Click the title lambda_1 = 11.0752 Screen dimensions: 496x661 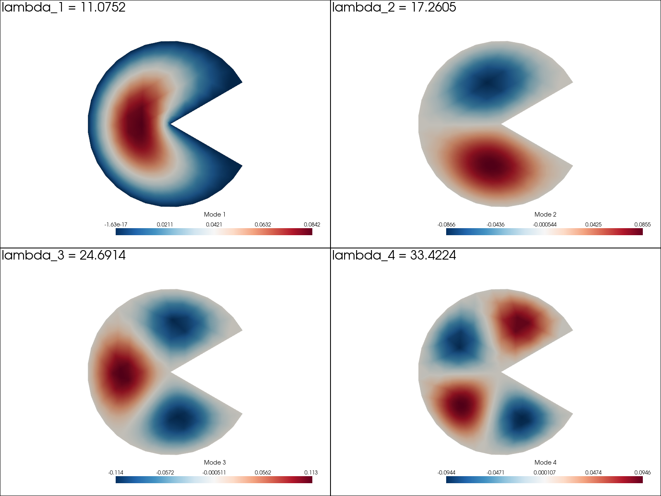pos(64,7)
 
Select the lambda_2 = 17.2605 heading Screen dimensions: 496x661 pos(394,7)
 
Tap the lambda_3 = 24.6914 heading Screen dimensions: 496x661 pos(64,255)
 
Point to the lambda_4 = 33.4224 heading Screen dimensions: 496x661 pos(394,255)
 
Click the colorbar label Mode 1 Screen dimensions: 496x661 pos(215,215)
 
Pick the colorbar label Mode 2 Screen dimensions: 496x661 pos(545,215)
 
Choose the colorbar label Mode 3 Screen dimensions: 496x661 pos(215,463)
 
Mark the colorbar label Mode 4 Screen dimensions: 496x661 pos(545,463)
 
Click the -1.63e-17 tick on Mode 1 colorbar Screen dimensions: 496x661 pos(116,225)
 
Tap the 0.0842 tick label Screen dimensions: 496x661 pos(312,225)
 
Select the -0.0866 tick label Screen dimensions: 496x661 pos(446,225)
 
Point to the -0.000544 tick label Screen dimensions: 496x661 pos(544,225)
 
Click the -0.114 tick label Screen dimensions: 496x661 pos(116,473)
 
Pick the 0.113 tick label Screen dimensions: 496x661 pos(311,473)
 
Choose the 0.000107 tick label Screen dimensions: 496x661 pos(544,473)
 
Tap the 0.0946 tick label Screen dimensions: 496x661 pos(642,473)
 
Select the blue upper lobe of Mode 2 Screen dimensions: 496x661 pos(487,83)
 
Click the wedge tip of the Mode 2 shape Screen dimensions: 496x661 pos(501,124)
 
